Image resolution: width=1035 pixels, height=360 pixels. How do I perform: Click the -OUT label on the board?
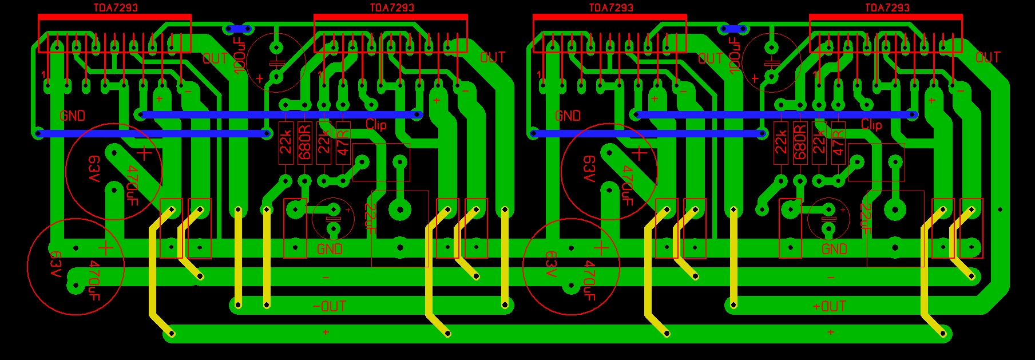(x=330, y=306)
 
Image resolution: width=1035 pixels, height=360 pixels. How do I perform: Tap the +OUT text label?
(x=829, y=306)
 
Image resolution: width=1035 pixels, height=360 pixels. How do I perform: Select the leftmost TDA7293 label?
(x=116, y=7)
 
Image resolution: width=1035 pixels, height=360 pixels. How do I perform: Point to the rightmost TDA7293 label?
(x=887, y=7)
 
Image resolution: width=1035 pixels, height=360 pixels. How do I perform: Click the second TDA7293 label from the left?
(x=391, y=7)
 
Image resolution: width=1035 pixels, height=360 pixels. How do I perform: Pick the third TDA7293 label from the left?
(x=611, y=7)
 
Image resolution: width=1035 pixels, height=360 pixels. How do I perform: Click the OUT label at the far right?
(x=988, y=57)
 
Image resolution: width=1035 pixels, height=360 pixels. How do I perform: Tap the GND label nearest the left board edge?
(x=72, y=116)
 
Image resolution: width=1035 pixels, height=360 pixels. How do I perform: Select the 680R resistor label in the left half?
(x=304, y=142)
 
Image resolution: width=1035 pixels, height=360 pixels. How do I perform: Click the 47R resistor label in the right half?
(x=838, y=142)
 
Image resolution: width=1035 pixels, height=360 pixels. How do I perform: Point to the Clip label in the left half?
(x=376, y=125)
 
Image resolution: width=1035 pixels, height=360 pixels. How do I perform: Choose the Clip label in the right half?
(x=871, y=125)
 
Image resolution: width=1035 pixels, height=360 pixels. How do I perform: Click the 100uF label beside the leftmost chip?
(x=240, y=55)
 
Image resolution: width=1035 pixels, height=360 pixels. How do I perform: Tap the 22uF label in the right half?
(x=865, y=219)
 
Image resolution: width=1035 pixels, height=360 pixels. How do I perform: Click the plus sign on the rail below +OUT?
(x=830, y=332)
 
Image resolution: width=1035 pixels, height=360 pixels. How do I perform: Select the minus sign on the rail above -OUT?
(x=326, y=278)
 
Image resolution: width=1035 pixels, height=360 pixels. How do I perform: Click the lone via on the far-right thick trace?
(x=1000, y=209)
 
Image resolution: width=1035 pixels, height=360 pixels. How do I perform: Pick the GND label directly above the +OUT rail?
(x=834, y=249)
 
